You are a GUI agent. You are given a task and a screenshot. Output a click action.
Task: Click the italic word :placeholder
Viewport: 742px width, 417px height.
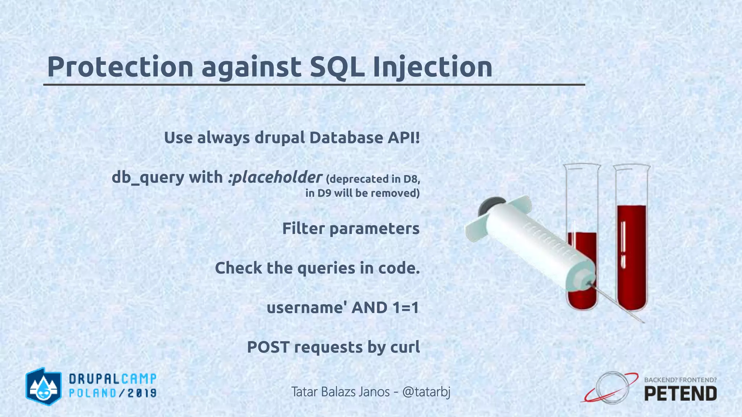(x=275, y=177)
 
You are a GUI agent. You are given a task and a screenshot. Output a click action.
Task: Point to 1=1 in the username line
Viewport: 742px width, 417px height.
(x=405, y=308)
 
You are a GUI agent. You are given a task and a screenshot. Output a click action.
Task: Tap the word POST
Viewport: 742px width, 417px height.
(x=268, y=347)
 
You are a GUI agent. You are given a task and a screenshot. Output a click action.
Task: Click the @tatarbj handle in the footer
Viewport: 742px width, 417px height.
(x=426, y=392)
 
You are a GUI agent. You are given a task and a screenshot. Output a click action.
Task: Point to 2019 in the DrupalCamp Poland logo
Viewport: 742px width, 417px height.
(x=142, y=393)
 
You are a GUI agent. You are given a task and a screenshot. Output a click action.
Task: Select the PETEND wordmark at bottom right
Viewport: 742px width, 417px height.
(x=680, y=393)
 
